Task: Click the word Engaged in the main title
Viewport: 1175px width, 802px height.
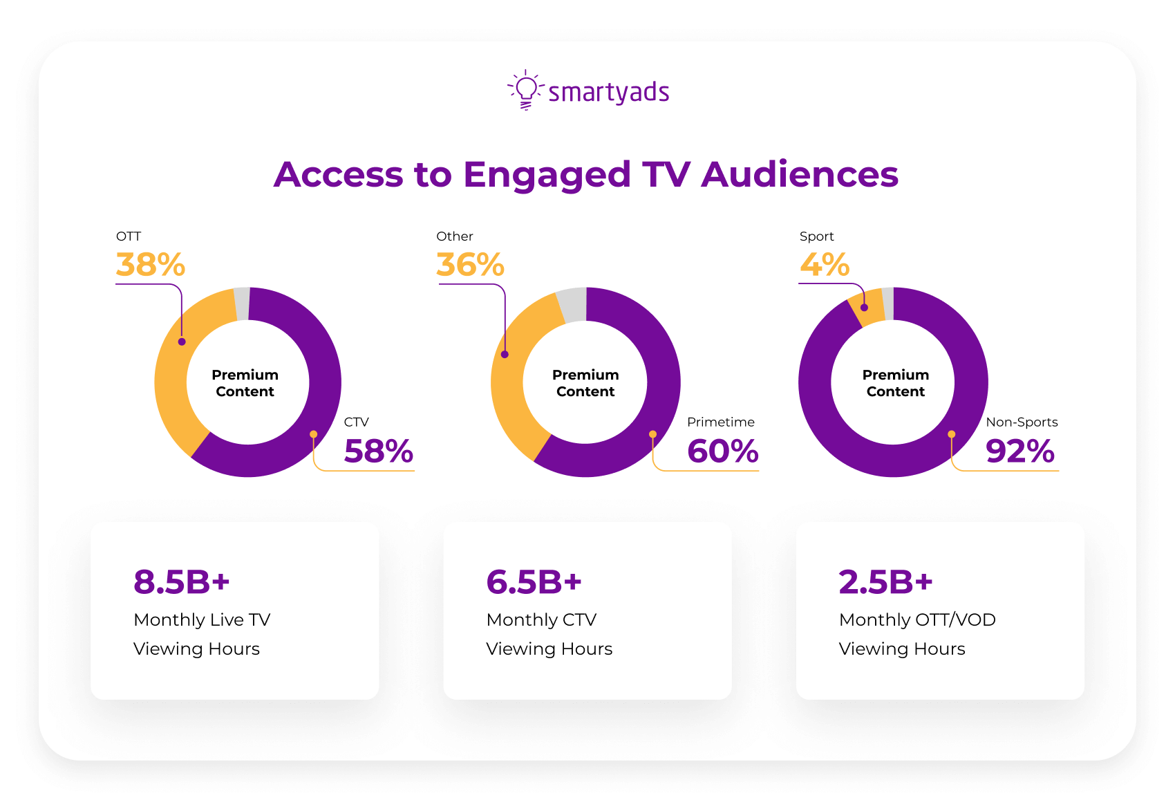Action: point(547,174)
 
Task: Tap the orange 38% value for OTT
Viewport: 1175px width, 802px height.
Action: point(151,265)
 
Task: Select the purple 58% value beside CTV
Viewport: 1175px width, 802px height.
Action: point(379,451)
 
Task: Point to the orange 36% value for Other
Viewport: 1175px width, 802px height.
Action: point(471,265)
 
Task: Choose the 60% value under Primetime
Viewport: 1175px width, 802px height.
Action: point(723,451)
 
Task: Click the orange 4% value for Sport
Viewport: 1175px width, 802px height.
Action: point(825,265)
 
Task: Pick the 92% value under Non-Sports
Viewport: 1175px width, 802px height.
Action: point(1020,451)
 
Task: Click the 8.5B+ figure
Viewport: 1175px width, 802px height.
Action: point(181,582)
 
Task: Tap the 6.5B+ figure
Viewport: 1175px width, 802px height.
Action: point(534,582)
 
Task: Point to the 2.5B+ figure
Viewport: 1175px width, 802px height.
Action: point(885,582)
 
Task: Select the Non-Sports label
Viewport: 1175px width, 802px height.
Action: point(1022,422)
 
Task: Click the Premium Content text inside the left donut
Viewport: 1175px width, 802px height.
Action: point(245,383)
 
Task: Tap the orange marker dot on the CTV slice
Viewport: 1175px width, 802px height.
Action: point(314,434)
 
